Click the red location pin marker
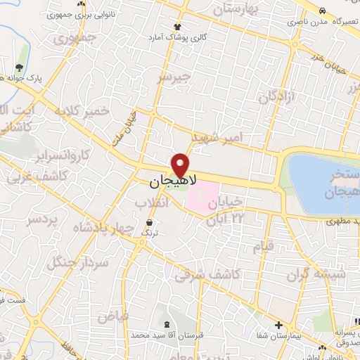point(181,165)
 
